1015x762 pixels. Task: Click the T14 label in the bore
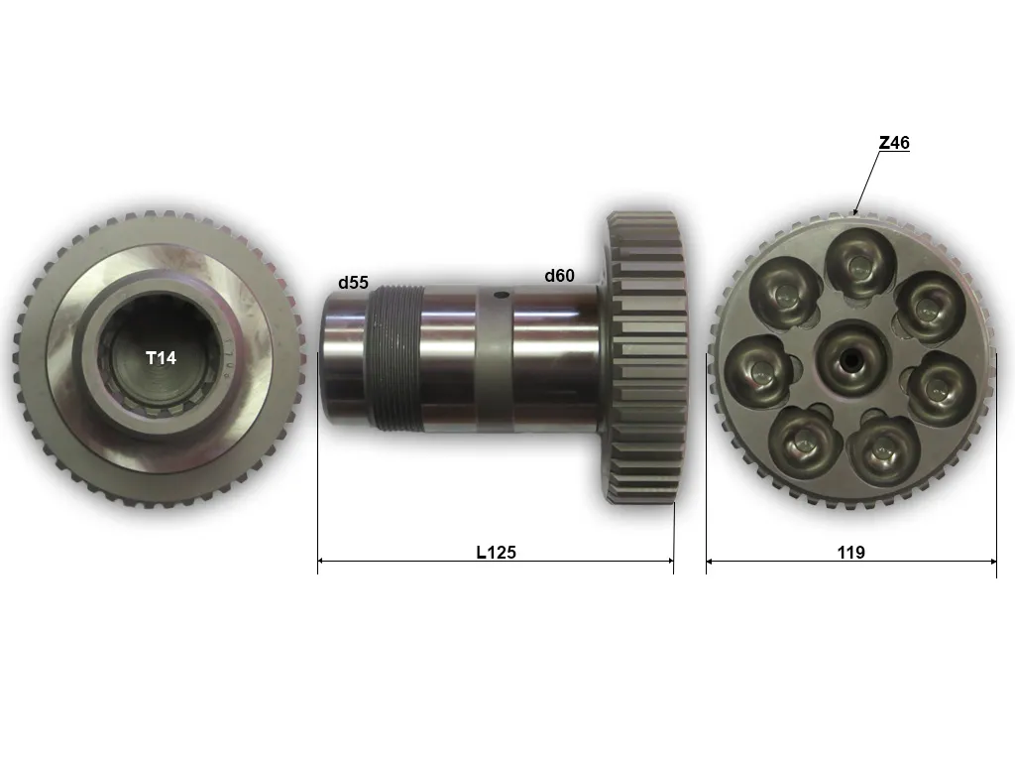[161, 358]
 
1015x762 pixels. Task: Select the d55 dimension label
[353, 283]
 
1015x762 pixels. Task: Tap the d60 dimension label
[559, 276]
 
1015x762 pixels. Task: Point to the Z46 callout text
[894, 143]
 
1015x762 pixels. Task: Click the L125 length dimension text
[496, 552]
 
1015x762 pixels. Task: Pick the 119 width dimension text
[850, 552]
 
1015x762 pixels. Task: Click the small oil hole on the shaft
[501, 296]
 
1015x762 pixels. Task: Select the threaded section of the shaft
[395, 358]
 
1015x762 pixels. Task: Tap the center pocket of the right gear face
[850, 357]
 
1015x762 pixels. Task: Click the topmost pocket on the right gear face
[859, 263]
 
